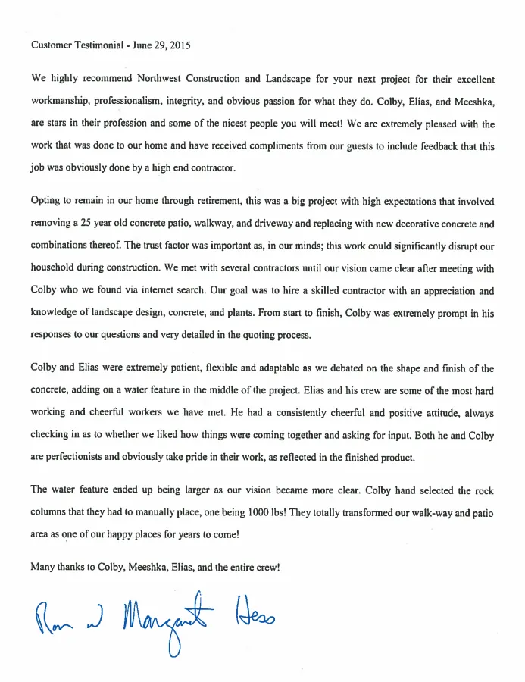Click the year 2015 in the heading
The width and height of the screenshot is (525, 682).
point(180,45)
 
